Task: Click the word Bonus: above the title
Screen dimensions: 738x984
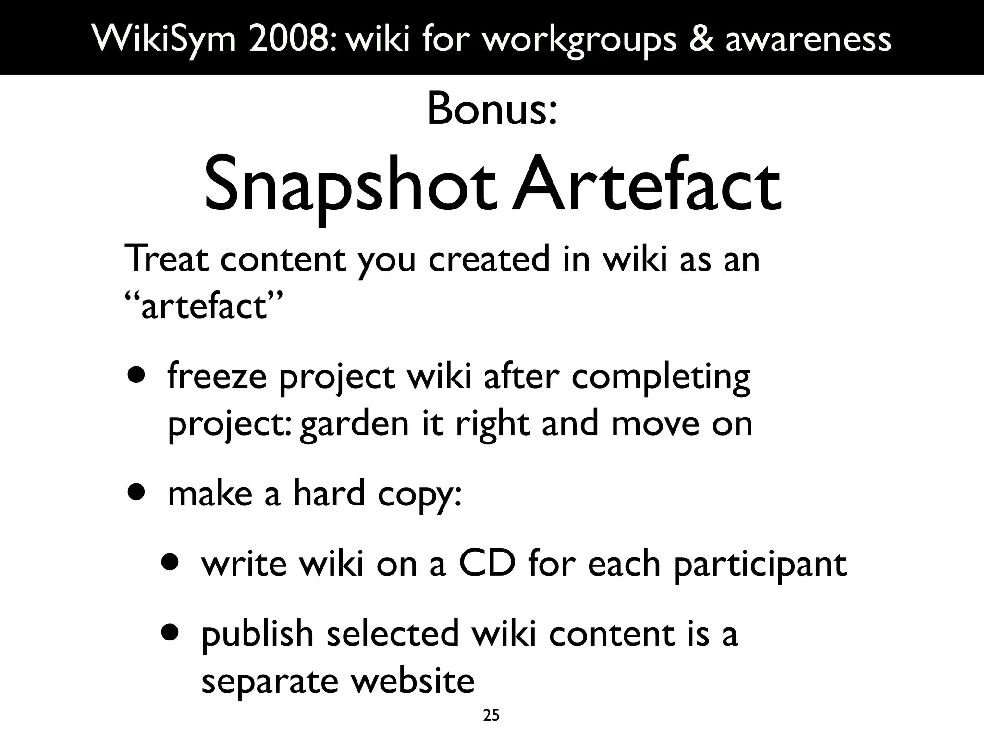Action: click(492, 110)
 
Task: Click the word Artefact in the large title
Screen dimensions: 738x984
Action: click(646, 185)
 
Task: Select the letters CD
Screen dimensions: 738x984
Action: click(487, 563)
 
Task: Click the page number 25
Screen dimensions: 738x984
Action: click(491, 716)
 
